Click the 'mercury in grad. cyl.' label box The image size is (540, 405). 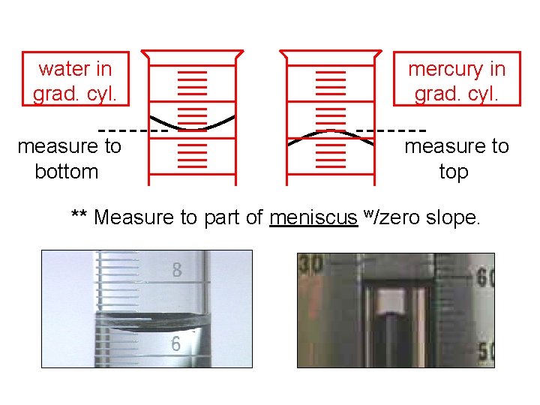tap(456, 81)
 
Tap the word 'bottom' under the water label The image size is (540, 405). tap(67, 172)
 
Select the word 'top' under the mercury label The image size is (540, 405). tap(453, 172)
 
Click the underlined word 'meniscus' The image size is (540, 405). tap(313, 217)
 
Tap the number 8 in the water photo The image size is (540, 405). tap(177, 271)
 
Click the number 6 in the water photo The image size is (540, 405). tap(176, 343)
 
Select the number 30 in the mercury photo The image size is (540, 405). tap(310, 264)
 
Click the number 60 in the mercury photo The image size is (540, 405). tap(485, 279)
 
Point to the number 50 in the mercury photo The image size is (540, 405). tap(485, 351)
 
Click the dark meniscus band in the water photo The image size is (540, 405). tap(150, 321)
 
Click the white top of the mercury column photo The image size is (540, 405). tap(389, 301)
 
